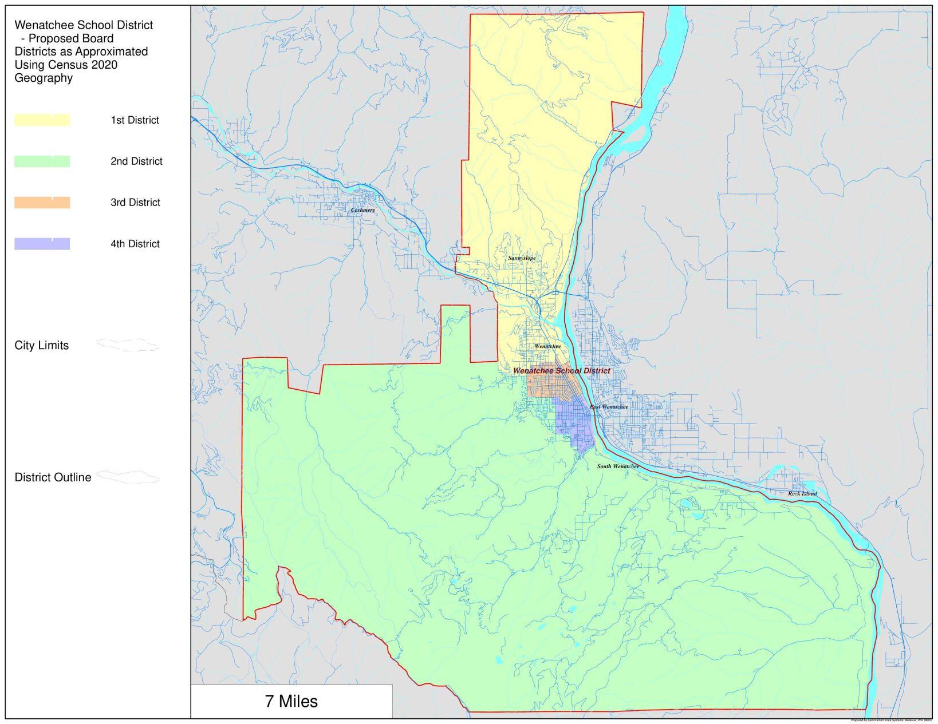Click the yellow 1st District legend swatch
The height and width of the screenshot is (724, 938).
(42, 120)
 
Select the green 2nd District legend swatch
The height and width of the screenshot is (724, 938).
(42, 161)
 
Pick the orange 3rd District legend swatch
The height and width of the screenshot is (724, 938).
(42, 203)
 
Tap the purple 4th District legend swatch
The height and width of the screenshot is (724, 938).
(42, 244)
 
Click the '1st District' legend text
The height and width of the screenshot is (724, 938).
(135, 120)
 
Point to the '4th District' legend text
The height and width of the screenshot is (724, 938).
(135, 244)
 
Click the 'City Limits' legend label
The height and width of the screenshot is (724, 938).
(41, 346)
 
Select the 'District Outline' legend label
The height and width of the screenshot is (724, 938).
(53, 477)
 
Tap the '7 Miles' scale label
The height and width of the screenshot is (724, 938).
(291, 701)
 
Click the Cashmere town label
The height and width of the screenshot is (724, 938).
(362, 210)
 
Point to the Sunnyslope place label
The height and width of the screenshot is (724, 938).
(522, 258)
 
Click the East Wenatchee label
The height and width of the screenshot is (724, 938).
(609, 407)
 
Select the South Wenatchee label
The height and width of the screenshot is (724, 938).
(618, 466)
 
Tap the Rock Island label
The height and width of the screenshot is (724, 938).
(802, 493)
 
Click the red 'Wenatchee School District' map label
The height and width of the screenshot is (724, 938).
(561, 371)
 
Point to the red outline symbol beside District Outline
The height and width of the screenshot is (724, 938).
(127, 477)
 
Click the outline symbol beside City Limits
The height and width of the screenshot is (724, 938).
(127, 345)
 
